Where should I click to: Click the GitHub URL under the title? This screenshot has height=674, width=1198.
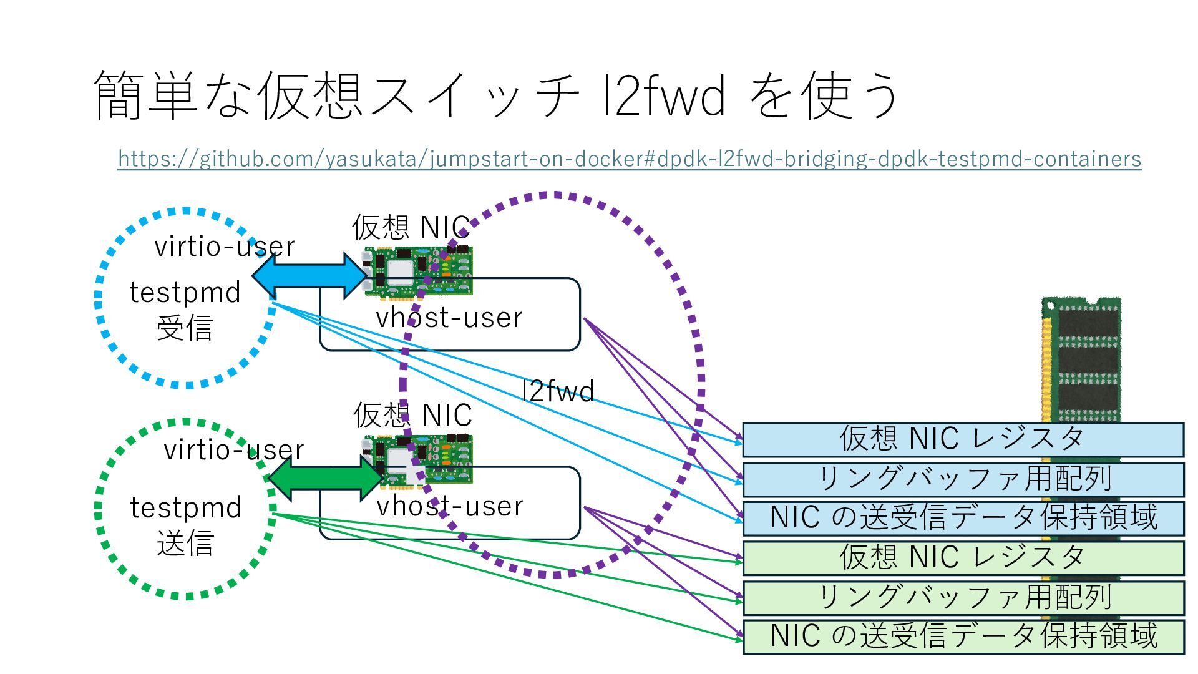630,159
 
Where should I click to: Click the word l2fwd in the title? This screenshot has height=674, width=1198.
664,95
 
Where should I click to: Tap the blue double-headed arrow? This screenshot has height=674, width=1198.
309,275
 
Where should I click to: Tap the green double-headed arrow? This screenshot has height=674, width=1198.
325,478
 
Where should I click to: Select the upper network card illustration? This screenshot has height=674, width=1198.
417,271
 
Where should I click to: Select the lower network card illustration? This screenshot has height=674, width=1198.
417,460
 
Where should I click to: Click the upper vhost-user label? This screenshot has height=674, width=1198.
449,318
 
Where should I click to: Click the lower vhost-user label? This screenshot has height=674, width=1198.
450,506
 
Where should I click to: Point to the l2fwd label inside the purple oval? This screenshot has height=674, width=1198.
558,391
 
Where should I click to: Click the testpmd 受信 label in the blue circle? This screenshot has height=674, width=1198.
185,310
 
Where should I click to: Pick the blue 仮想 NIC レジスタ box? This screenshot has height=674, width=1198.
963,439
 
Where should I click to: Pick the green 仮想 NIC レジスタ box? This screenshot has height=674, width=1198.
963,558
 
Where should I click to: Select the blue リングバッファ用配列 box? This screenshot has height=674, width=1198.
963,479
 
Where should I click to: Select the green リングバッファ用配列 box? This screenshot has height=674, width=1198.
963,598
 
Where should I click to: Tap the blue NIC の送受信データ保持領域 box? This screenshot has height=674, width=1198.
963,519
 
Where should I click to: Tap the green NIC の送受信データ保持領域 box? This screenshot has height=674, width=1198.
963,637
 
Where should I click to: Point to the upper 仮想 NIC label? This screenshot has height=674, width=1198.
411,227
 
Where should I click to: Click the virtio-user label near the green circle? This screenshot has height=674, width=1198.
234,450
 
